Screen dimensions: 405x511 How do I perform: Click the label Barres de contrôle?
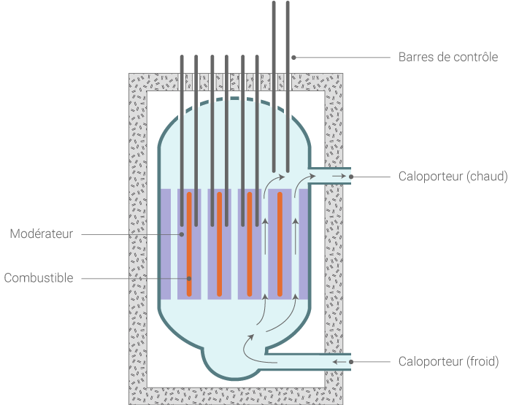pyautogui.click(x=448, y=57)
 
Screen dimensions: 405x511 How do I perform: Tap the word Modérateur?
pyautogui.click(x=42, y=234)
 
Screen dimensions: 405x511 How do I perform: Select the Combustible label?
pyautogui.click(x=39, y=278)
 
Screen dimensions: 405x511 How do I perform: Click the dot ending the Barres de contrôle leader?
pyautogui.click(x=293, y=57)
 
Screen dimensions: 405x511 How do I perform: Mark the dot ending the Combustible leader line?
pyautogui.click(x=188, y=278)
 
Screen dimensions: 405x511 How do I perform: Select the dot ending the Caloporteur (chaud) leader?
pyautogui.click(x=350, y=177)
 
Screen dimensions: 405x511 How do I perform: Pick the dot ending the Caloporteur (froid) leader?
pyautogui.click(x=350, y=361)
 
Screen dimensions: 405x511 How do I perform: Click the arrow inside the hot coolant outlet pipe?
pyautogui.click(x=337, y=177)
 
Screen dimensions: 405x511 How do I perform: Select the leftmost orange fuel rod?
pyautogui.click(x=188, y=244)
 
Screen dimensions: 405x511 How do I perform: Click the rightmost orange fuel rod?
pyautogui.click(x=280, y=244)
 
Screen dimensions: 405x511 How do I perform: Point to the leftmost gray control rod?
pyautogui.click(x=182, y=139)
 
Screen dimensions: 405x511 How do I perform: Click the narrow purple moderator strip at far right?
pyautogui.click(x=303, y=244)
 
